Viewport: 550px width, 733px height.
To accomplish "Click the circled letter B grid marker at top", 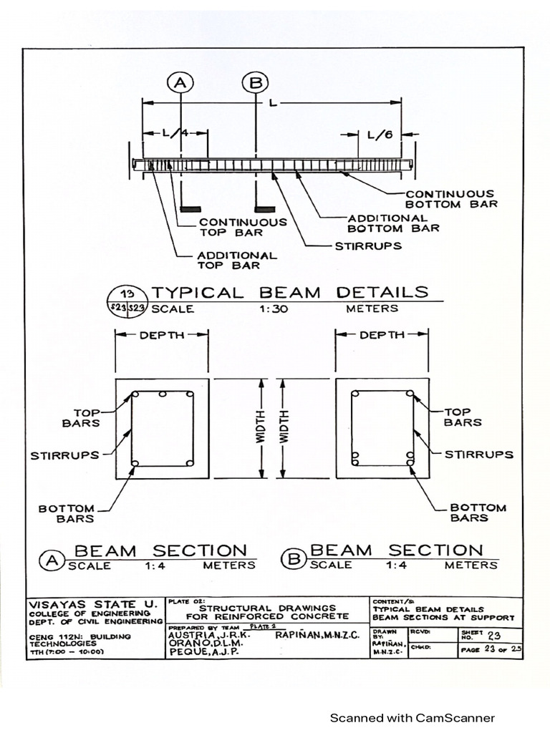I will click(254, 84).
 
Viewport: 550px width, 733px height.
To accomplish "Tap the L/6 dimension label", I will click(380, 134).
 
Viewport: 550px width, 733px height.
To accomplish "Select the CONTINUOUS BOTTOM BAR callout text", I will click(450, 199).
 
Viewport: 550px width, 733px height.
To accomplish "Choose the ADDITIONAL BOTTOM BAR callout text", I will click(393, 223).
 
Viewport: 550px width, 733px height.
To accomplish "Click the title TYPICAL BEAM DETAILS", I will click(289, 292).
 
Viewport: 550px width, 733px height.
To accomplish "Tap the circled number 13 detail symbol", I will click(127, 293).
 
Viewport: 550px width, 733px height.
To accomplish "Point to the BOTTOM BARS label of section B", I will click(478, 513).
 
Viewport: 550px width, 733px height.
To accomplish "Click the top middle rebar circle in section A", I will click(163, 394).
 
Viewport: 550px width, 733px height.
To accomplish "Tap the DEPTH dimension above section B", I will click(382, 335).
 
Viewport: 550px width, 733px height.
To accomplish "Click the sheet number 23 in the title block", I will click(494, 634).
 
